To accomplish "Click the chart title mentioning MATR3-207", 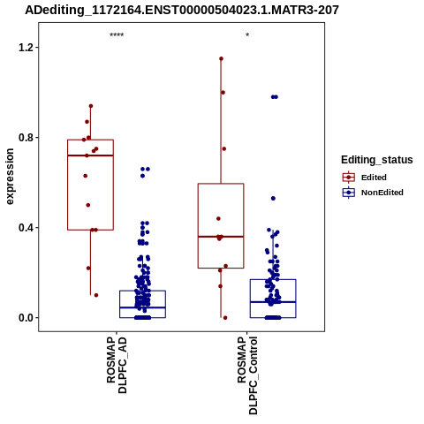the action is click(182, 10).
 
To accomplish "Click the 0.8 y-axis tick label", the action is click(25, 138).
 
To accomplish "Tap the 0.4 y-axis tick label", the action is click(25, 228).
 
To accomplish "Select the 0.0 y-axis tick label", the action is click(25, 318).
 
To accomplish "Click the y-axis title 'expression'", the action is click(10, 177).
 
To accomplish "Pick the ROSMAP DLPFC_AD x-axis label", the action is click(117, 365).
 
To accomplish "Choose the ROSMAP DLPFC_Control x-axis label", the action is click(247, 375).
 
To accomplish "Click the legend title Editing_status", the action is click(377, 160).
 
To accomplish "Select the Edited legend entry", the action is click(374, 178).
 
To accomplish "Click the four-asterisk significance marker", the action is click(117, 35).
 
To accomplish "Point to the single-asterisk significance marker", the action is click(247, 35).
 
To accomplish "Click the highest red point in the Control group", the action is click(221, 59).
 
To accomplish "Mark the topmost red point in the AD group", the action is click(91, 106).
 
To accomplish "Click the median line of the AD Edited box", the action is click(90, 155).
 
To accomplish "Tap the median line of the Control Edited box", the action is click(221, 237).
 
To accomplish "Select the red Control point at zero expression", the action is click(225, 318).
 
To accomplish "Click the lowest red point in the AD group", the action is click(96, 295).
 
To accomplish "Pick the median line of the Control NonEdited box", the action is click(273, 302).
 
